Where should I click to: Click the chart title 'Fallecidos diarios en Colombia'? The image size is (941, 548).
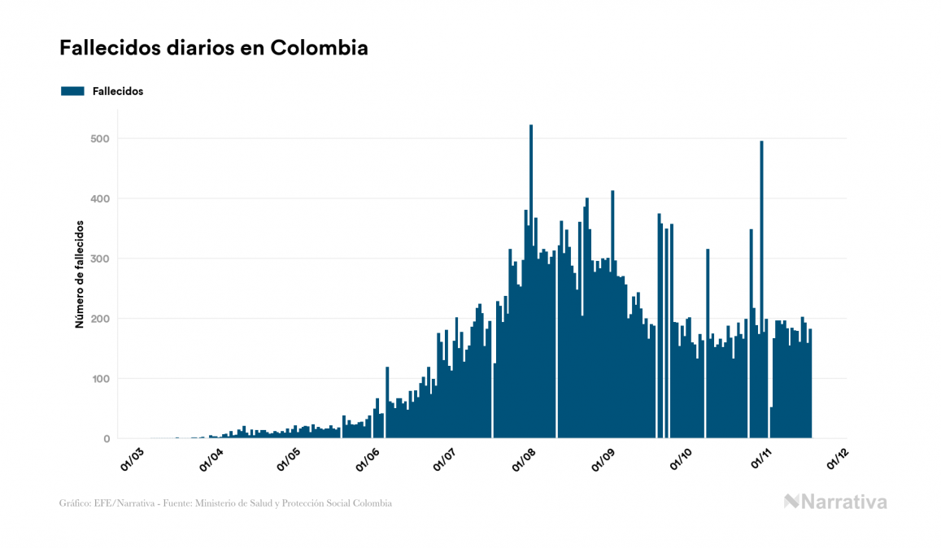(x=214, y=48)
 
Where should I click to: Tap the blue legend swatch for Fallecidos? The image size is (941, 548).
(x=72, y=91)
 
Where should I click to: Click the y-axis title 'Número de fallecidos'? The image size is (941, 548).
(x=80, y=273)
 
